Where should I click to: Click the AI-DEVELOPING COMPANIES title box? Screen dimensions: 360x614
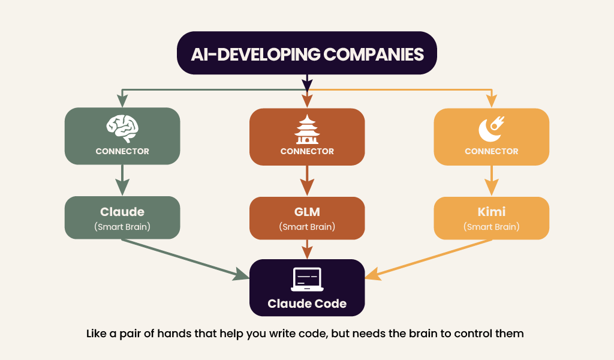click(306, 53)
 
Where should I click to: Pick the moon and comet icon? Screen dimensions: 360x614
click(491, 128)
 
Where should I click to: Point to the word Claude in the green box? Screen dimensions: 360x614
click(122, 212)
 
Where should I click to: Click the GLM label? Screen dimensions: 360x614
click(307, 212)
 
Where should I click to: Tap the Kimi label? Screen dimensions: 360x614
click(491, 212)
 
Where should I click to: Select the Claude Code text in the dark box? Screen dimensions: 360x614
click(307, 304)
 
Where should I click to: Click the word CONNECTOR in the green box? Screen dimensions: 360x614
click(122, 151)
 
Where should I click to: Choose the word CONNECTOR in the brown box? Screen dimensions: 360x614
click(307, 151)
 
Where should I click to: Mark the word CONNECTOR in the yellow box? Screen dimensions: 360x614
click(491, 151)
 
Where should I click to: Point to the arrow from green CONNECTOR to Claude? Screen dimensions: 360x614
click(122, 180)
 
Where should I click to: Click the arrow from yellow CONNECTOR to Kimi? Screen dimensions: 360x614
click(491, 180)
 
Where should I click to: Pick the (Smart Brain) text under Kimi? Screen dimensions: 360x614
click(491, 227)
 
